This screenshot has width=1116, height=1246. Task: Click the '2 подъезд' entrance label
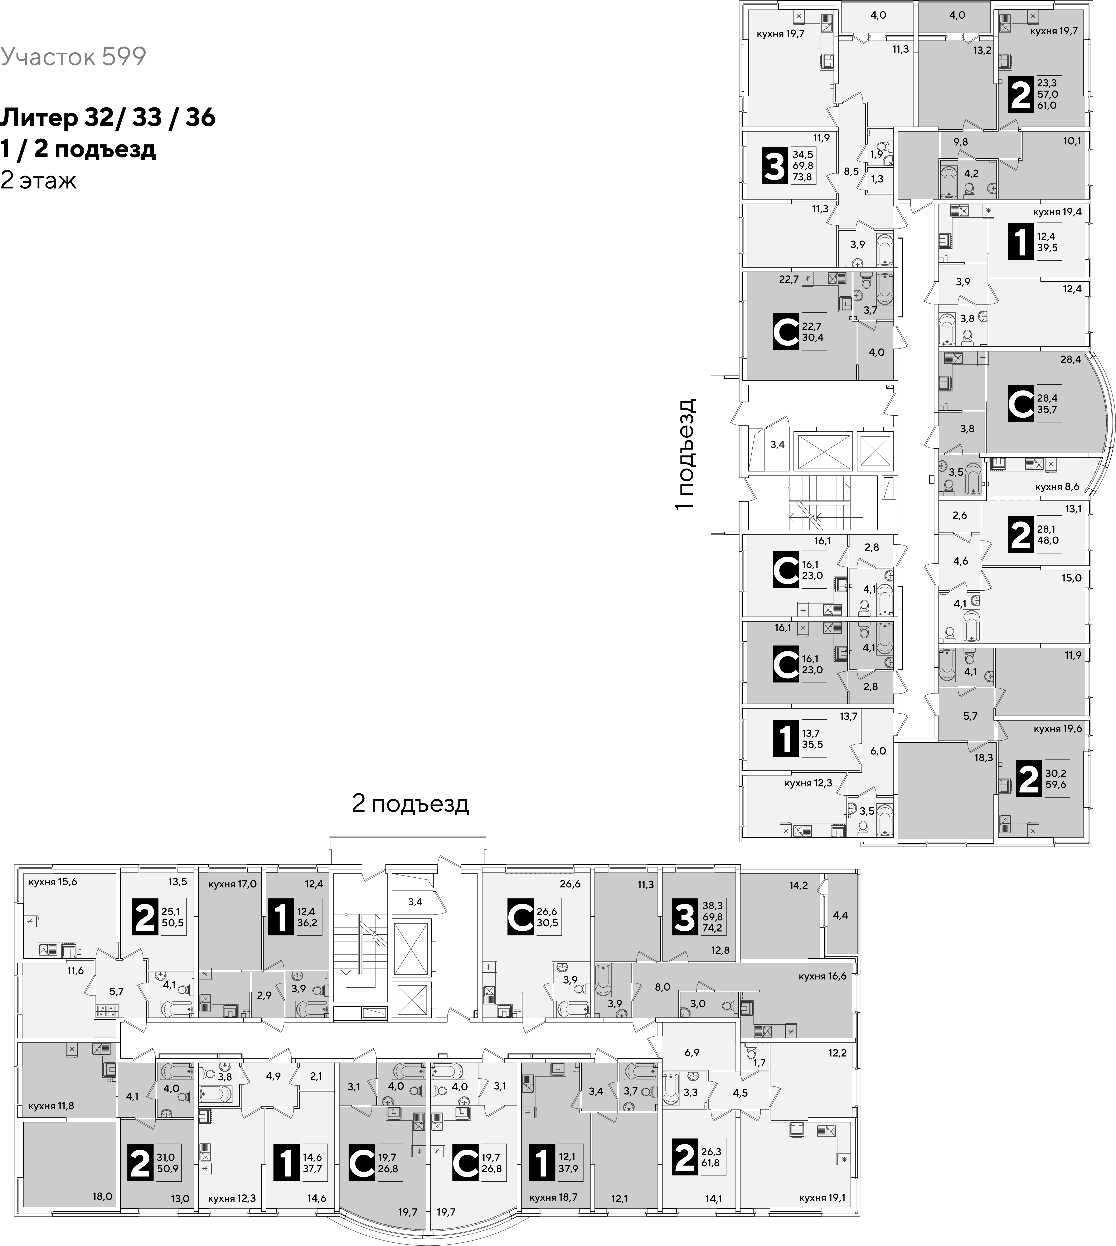pyautogui.click(x=410, y=804)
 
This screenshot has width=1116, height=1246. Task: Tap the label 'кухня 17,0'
pyautogui.click(x=232, y=884)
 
